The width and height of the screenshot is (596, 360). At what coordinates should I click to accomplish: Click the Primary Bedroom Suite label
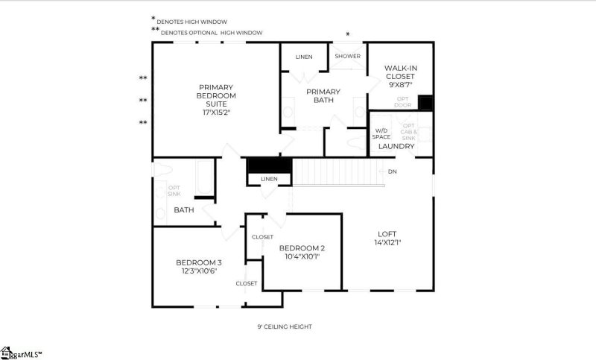point(217,95)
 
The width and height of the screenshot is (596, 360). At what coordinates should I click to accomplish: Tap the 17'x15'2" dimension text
point(217,113)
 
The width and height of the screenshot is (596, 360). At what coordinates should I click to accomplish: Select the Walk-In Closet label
point(400,72)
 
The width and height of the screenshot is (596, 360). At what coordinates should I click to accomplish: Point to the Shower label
point(347,57)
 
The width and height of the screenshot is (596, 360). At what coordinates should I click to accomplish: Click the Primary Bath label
point(323,96)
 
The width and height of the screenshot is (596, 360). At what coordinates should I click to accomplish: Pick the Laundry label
point(396,146)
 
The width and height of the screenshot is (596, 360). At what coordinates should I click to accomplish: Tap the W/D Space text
point(381,134)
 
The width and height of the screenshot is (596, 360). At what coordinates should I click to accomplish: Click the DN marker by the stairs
point(392,171)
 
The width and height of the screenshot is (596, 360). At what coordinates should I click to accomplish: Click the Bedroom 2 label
point(302,248)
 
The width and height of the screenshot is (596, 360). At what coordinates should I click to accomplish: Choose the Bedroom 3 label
point(198,262)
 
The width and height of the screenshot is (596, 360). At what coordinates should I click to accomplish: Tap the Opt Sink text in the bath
point(174,191)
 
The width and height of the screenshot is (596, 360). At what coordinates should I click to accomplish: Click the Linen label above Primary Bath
point(303,57)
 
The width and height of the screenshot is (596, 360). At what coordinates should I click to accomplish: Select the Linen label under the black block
point(269,180)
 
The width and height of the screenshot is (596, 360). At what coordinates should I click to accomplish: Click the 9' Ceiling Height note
point(285,326)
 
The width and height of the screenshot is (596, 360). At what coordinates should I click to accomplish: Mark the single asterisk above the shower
point(347,34)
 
